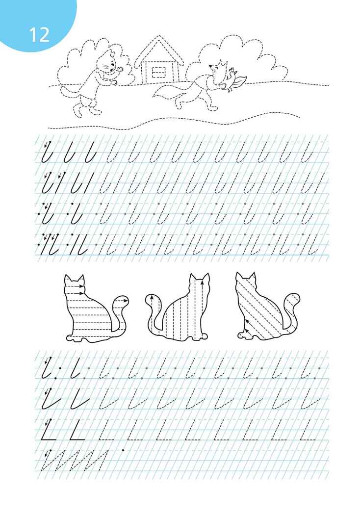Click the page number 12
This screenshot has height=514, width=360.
point(39,35)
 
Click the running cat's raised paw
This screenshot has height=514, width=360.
point(120,69)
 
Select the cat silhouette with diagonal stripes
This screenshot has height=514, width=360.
point(264,307)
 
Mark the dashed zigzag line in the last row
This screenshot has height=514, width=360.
point(75,461)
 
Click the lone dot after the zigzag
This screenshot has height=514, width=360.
point(123,450)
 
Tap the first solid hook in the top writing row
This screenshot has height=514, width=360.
point(47,153)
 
